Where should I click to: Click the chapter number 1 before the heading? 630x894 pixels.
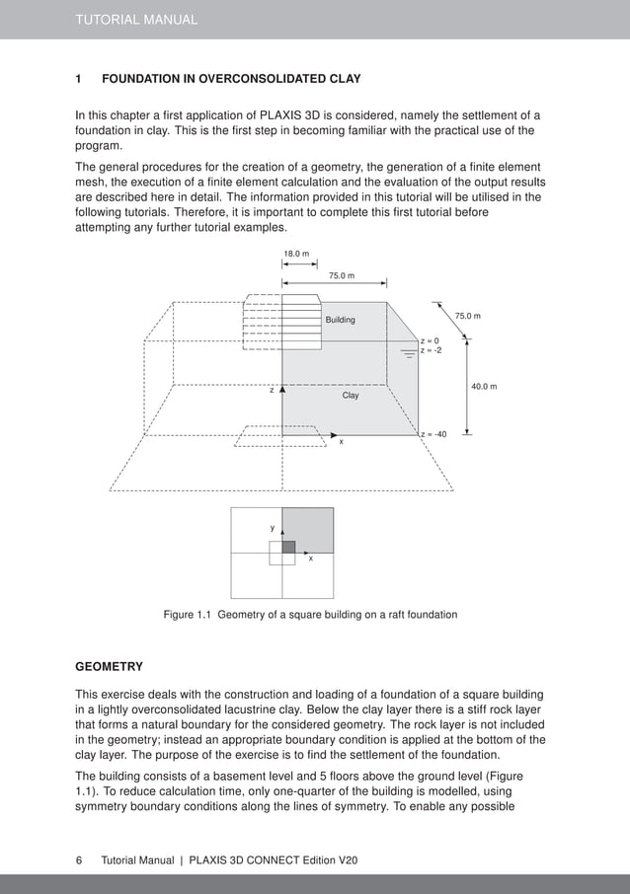pyautogui.click(x=79, y=79)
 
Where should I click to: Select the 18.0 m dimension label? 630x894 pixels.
pyautogui.click(x=296, y=255)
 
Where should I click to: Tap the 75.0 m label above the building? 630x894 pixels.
pyautogui.click(x=342, y=276)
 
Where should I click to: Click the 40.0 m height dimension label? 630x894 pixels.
pyautogui.click(x=484, y=386)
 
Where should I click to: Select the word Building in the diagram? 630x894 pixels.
pyautogui.click(x=340, y=321)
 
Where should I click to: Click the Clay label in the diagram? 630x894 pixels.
pyautogui.click(x=351, y=396)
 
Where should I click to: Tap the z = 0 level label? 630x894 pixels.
pyautogui.click(x=431, y=340)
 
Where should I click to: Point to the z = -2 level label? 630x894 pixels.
pyautogui.click(x=432, y=350)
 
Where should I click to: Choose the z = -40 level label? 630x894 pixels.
pyautogui.click(x=433, y=434)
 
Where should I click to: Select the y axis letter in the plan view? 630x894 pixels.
pyautogui.click(x=273, y=529)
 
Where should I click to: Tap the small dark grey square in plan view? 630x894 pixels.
pyautogui.click(x=288, y=547)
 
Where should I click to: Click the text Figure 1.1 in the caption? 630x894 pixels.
pyautogui.click(x=188, y=615)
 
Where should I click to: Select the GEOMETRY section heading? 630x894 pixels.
pyautogui.click(x=109, y=667)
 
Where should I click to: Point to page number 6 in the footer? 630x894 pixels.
pyautogui.click(x=79, y=860)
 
